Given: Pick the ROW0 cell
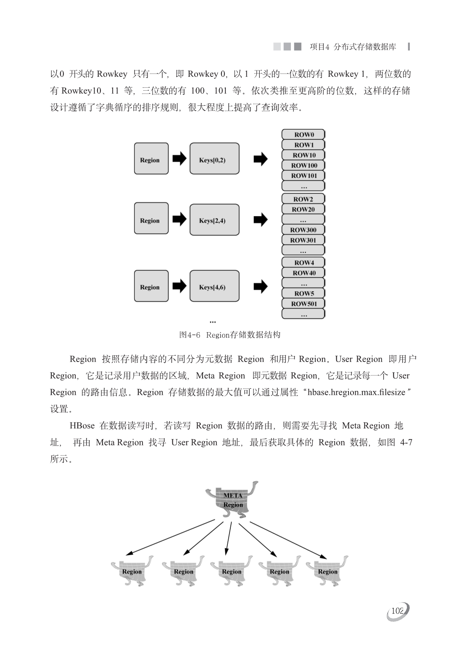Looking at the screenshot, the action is [303, 134].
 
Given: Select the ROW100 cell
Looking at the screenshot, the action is [303, 165].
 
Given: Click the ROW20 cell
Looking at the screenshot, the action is [303, 210].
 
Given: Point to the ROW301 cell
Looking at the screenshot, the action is [303, 240].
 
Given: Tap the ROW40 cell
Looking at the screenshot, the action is [303, 273].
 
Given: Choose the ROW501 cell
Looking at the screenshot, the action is [303, 304].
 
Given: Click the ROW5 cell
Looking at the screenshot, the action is [303, 294].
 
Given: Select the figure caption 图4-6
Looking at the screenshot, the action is [190, 335].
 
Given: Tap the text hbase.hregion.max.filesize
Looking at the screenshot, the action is [356, 392].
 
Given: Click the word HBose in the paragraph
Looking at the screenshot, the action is [82, 425].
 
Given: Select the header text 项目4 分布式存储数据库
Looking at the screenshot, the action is [353, 47].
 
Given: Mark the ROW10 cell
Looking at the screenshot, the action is [303, 155].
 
